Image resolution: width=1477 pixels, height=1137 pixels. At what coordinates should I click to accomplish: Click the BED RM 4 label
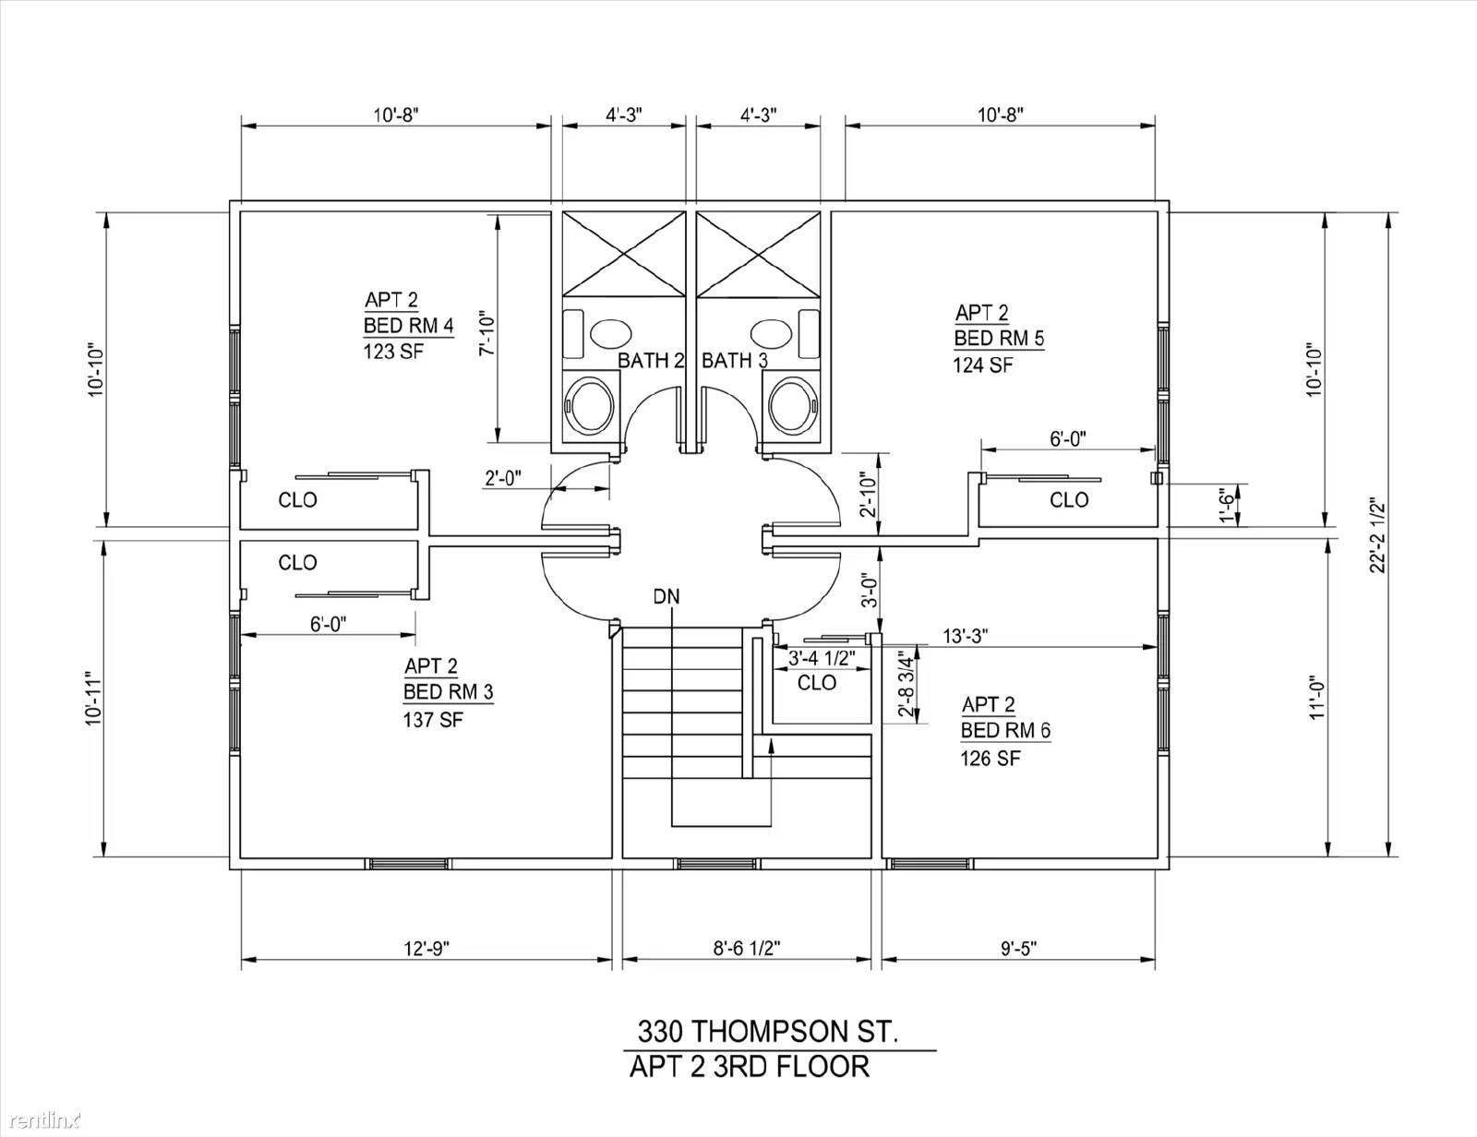point(408,326)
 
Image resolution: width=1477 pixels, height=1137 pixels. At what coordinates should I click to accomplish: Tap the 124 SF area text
point(982,365)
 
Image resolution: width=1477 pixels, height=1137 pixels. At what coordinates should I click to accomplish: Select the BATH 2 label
point(650,360)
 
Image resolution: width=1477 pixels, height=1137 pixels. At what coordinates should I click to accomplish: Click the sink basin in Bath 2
point(611,333)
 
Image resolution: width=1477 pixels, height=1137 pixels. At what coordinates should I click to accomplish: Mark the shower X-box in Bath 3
point(758,254)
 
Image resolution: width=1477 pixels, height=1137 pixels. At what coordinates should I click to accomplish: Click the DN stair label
point(666,596)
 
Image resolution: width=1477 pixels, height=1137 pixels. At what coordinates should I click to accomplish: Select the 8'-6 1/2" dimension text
point(746,948)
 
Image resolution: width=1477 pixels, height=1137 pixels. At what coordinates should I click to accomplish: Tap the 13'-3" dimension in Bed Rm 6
point(965,637)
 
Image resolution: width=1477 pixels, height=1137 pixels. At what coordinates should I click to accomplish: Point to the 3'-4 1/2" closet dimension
point(821,657)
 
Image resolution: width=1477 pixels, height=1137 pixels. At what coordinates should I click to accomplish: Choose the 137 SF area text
point(433,719)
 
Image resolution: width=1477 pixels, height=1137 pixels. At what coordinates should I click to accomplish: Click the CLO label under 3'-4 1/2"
point(816,682)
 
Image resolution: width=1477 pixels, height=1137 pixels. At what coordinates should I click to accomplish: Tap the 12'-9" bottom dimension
point(426,948)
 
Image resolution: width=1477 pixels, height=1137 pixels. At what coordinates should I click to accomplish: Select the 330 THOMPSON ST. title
point(768,1032)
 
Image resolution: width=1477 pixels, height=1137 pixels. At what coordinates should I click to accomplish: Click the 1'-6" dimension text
point(1227,506)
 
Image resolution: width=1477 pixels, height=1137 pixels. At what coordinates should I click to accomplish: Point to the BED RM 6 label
point(1005,730)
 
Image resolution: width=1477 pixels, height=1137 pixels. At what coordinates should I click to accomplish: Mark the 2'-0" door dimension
point(502,478)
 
